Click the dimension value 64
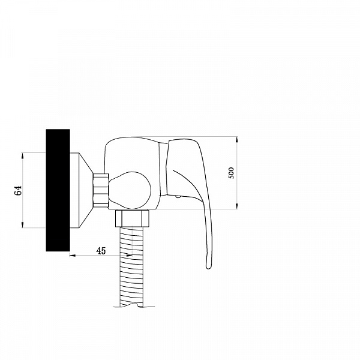coord(18,190)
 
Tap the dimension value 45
coord(101,251)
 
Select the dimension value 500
coord(231,173)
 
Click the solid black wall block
coord(58,190)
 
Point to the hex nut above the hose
coord(132,218)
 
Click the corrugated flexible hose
coord(131,266)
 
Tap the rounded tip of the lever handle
coord(208,267)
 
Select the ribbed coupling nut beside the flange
coord(101,191)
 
